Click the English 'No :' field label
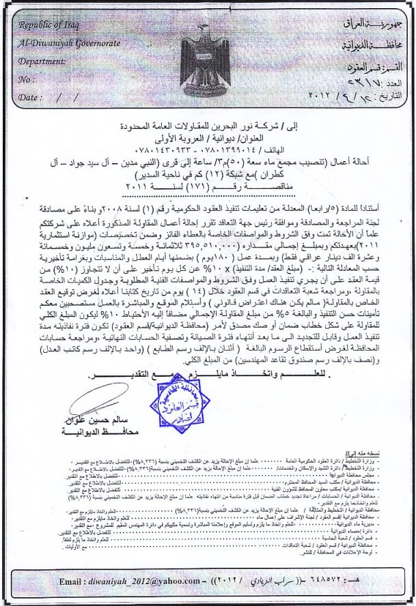tap(28, 79)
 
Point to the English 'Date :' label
tap(30, 98)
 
